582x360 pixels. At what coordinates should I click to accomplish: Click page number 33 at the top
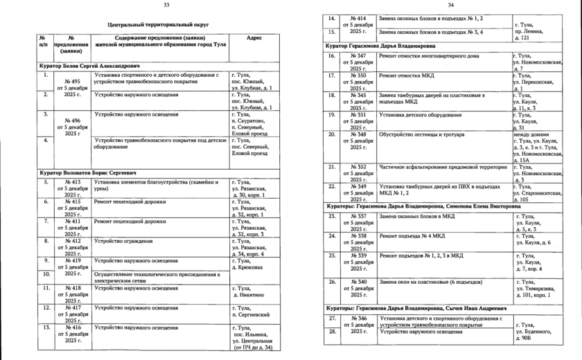point(166,5)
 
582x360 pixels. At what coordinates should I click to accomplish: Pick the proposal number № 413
point(71,182)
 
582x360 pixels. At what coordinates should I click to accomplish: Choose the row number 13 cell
point(44,327)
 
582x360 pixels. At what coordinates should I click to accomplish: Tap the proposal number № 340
point(358,282)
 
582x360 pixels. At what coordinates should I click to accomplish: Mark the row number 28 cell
point(332,332)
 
